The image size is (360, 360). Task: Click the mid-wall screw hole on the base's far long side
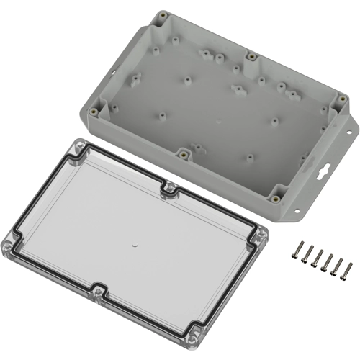(251, 55)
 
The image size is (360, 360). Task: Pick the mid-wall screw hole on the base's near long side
(184, 153)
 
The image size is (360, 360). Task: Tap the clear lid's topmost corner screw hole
(74, 147)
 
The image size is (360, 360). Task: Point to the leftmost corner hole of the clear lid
(12, 243)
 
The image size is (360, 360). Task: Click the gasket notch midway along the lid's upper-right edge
(170, 190)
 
